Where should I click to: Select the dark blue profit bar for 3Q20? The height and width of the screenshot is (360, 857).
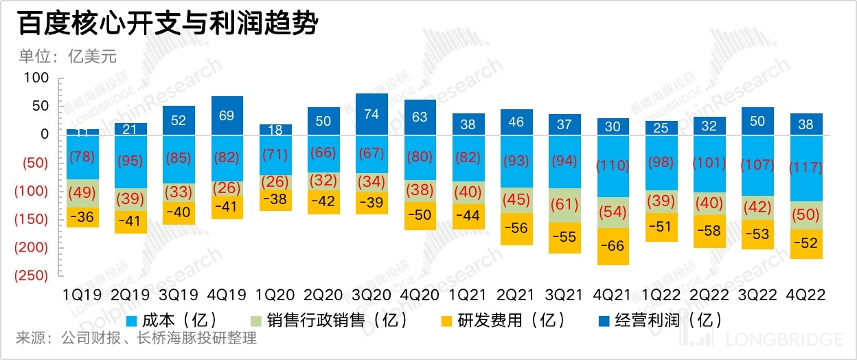click(x=372, y=114)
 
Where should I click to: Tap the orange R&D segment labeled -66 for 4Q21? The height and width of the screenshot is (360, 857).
click(x=613, y=246)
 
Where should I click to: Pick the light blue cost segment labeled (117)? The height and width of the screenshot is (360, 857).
click(x=807, y=168)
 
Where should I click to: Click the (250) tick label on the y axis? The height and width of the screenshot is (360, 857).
click(x=31, y=275)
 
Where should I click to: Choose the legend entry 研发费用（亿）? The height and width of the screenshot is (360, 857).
click(x=503, y=320)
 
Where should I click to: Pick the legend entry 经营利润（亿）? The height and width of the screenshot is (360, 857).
click(x=660, y=320)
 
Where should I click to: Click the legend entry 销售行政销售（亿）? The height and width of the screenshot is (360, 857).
click(x=336, y=320)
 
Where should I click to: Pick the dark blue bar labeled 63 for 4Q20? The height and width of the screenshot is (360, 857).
click(x=420, y=117)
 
